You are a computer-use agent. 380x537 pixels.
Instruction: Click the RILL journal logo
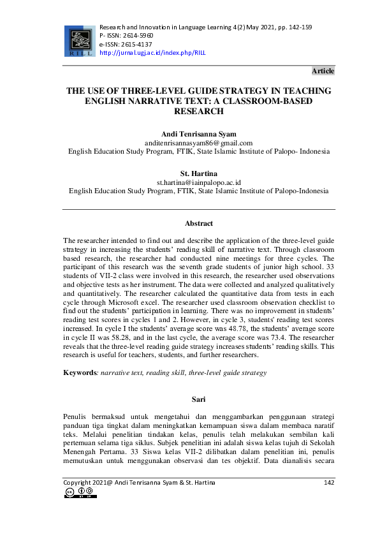coord(78,40)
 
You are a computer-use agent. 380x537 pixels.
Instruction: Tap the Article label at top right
coord(323,71)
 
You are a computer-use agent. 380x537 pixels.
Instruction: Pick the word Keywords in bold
coord(80,372)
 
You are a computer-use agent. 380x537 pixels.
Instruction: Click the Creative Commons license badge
coord(80,493)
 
